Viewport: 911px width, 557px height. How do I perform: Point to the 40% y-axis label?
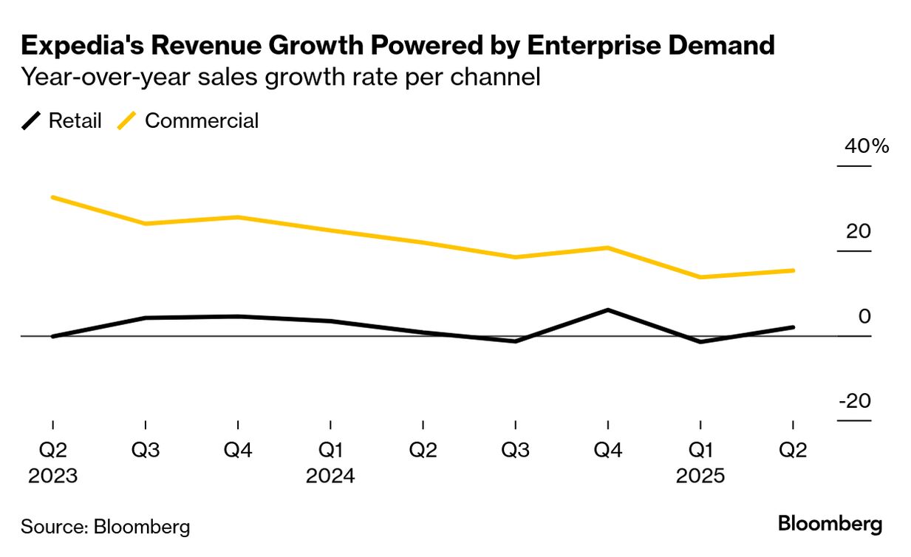pos(867,146)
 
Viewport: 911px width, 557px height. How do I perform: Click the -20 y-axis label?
pos(855,401)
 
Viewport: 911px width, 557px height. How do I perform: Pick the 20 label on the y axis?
pos(859,231)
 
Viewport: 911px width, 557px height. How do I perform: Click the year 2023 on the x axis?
pos(52,476)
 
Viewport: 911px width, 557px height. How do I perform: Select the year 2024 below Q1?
pos(330,476)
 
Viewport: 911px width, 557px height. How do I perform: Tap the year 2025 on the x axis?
pos(700,476)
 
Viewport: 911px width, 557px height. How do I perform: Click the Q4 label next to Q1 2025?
pos(607,451)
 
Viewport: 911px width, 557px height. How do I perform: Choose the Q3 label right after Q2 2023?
pos(146,451)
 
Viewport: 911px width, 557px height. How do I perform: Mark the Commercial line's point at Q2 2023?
pos(53,197)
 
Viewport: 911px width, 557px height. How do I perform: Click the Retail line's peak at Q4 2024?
pos(607,310)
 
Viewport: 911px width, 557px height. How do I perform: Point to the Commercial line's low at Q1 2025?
pos(700,277)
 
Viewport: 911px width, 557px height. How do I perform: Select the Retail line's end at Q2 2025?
pos(793,327)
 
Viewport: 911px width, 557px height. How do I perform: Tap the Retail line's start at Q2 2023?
pos(53,336)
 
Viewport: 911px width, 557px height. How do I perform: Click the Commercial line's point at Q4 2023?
pos(238,217)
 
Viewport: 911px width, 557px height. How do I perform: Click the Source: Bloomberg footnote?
pos(105,527)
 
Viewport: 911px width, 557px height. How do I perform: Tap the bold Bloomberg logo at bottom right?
pos(830,524)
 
